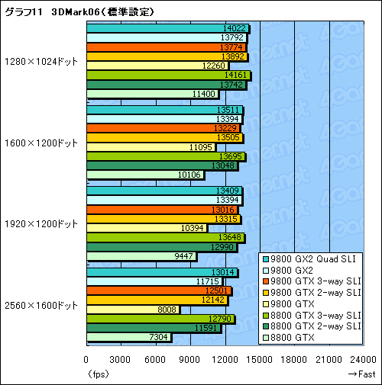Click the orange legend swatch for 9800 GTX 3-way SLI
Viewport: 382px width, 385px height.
click(x=265, y=281)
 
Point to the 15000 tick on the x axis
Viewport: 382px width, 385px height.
click(x=260, y=360)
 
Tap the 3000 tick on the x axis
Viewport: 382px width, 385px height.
click(x=121, y=360)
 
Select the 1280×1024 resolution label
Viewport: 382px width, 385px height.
click(x=40, y=62)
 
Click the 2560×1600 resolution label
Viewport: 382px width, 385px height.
click(x=40, y=305)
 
